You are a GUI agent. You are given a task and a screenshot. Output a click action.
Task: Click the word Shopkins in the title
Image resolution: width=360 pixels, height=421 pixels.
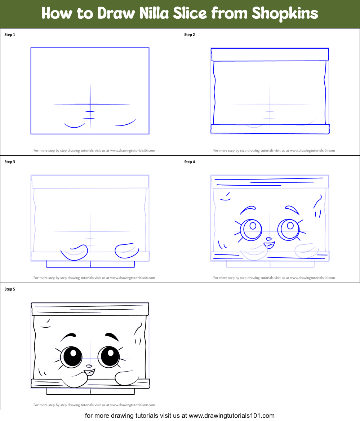coord(285,14)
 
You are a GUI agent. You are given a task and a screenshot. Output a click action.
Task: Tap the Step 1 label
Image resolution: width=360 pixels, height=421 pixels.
coord(10,35)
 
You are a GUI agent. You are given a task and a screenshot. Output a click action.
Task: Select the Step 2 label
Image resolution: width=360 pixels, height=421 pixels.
coord(190,35)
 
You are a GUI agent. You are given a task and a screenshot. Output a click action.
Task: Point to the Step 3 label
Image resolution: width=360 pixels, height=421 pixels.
coord(10,162)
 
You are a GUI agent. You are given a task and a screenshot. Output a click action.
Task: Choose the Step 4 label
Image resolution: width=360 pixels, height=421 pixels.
coord(190,162)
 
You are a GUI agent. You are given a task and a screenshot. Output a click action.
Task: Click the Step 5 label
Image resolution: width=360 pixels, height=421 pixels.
coord(10,289)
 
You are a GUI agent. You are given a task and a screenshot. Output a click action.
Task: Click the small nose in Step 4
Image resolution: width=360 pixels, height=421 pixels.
coord(268,239)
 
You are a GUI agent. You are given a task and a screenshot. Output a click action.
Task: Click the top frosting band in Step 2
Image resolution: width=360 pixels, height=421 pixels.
coord(270,55)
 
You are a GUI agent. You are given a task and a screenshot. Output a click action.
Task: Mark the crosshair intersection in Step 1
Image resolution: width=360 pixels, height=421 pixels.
coord(90,105)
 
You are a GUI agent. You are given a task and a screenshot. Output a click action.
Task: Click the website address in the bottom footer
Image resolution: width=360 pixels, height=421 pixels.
coord(232,416)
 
